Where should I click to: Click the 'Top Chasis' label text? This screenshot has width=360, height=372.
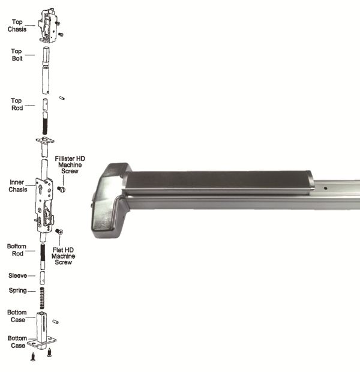pyautogui.click(x=17, y=25)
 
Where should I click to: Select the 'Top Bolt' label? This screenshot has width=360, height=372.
pyautogui.click(x=17, y=56)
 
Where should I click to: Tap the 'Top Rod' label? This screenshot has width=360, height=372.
pyautogui.click(x=17, y=104)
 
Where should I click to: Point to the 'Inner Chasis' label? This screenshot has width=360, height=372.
pyautogui.click(x=17, y=185)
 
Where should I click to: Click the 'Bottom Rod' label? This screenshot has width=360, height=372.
pyautogui.click(x=17, y=250)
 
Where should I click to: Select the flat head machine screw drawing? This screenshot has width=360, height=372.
pyautogui.click(x=59, y=231)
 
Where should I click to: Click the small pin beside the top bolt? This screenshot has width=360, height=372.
pyautogui.click(x=64, y=98)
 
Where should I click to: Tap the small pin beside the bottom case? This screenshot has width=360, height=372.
pyautogui.click(x=56, y=322)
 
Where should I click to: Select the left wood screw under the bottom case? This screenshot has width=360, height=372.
pyautogui.click(x=34, y=356)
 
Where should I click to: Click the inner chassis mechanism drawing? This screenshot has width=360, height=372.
pyautogui.click(x=44, y=205)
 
